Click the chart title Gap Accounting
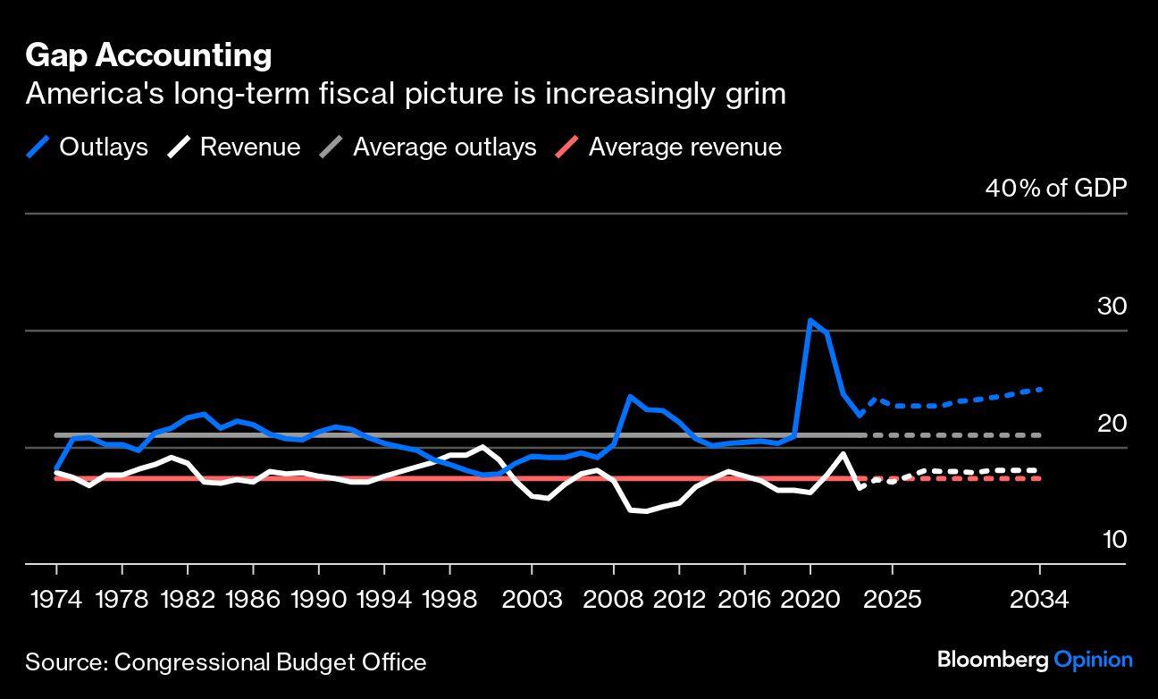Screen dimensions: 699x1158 (148, 55)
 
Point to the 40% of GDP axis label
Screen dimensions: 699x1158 (1055, 188)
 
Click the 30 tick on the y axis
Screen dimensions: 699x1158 (1112, 306)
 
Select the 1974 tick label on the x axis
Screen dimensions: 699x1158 (56, 598)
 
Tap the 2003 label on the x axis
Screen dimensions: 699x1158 (533, 598)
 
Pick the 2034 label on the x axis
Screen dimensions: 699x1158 (1039, 598)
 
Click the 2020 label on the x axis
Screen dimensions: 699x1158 (810, 598)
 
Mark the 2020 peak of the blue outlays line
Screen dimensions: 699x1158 (810, 320)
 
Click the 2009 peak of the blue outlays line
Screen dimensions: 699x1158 (631, 396)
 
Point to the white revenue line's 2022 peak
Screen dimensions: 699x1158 (843, 453)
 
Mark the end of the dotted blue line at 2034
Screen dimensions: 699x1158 (1040, 390)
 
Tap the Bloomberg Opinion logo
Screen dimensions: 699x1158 (1035, 661)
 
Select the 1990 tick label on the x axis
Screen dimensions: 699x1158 (318, 598)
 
